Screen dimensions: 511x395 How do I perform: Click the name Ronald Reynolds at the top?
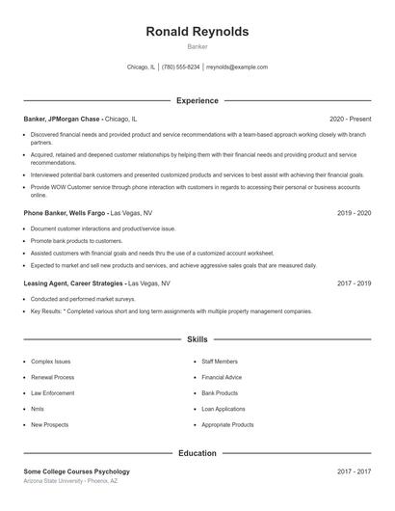(197, 32)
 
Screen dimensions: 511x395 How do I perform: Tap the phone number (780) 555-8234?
(180, 67)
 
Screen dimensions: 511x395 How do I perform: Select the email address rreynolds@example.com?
(237, 67)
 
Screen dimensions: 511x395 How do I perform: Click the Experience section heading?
(197, 100)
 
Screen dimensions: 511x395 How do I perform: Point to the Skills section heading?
(197, 339)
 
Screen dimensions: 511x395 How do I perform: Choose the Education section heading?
(197, 452)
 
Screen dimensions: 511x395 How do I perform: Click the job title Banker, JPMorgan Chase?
(62, 119)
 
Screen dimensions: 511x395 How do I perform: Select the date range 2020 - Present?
(350, 119)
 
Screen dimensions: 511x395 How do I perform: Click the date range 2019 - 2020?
(354, 212)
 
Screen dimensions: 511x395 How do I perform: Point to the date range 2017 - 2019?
(354, 284)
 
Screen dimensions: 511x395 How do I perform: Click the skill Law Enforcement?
(52, 393)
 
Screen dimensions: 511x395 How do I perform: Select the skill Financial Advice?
(222, 377)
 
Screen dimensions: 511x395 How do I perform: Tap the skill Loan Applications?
(224, 409)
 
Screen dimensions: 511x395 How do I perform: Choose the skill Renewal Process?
(52, 377)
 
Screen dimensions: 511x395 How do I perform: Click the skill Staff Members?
(220, 362)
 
